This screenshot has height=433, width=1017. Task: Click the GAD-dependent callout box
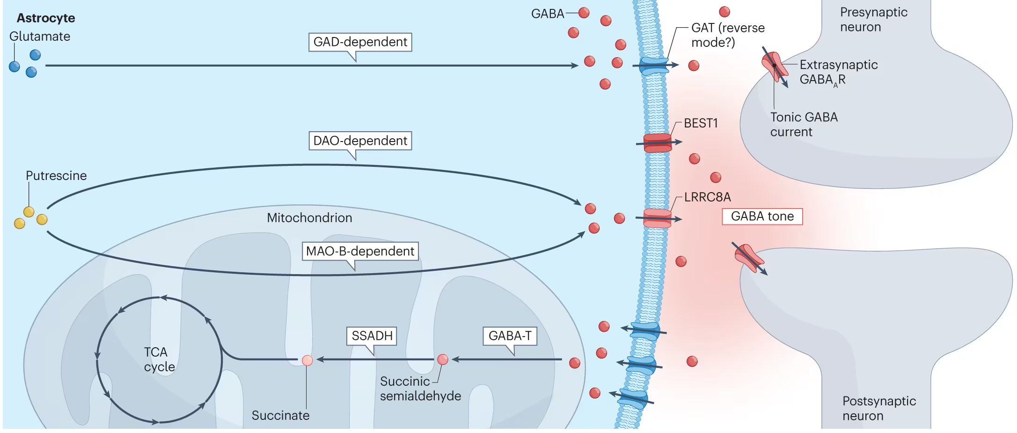[360, 42]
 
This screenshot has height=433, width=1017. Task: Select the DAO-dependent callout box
[360, 141]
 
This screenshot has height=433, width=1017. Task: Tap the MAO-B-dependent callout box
[360, 251]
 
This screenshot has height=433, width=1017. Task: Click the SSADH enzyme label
[372, 336]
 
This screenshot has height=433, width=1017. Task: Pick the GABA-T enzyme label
[510, 336]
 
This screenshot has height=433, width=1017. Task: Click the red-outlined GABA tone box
[762, 216]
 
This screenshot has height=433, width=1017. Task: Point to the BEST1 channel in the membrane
[658, 143]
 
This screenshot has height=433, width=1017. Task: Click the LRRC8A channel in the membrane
[657, 218]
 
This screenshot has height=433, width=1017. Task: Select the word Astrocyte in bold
[46, 18]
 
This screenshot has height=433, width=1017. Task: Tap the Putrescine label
[56, 176]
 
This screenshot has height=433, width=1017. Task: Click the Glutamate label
[40, 37]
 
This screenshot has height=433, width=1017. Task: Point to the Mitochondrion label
[309, 218]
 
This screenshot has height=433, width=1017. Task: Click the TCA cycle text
[159, 359]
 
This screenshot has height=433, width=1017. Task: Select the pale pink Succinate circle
[307, 360]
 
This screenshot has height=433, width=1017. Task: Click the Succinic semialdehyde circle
[442, 359]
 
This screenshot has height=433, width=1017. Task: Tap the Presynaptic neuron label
[873, 20]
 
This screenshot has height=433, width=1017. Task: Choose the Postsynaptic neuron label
[878, 408]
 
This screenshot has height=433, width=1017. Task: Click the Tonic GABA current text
[804, 125]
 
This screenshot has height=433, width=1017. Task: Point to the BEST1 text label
[701, 123]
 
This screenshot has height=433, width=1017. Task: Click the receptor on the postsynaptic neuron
[749, 258]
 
